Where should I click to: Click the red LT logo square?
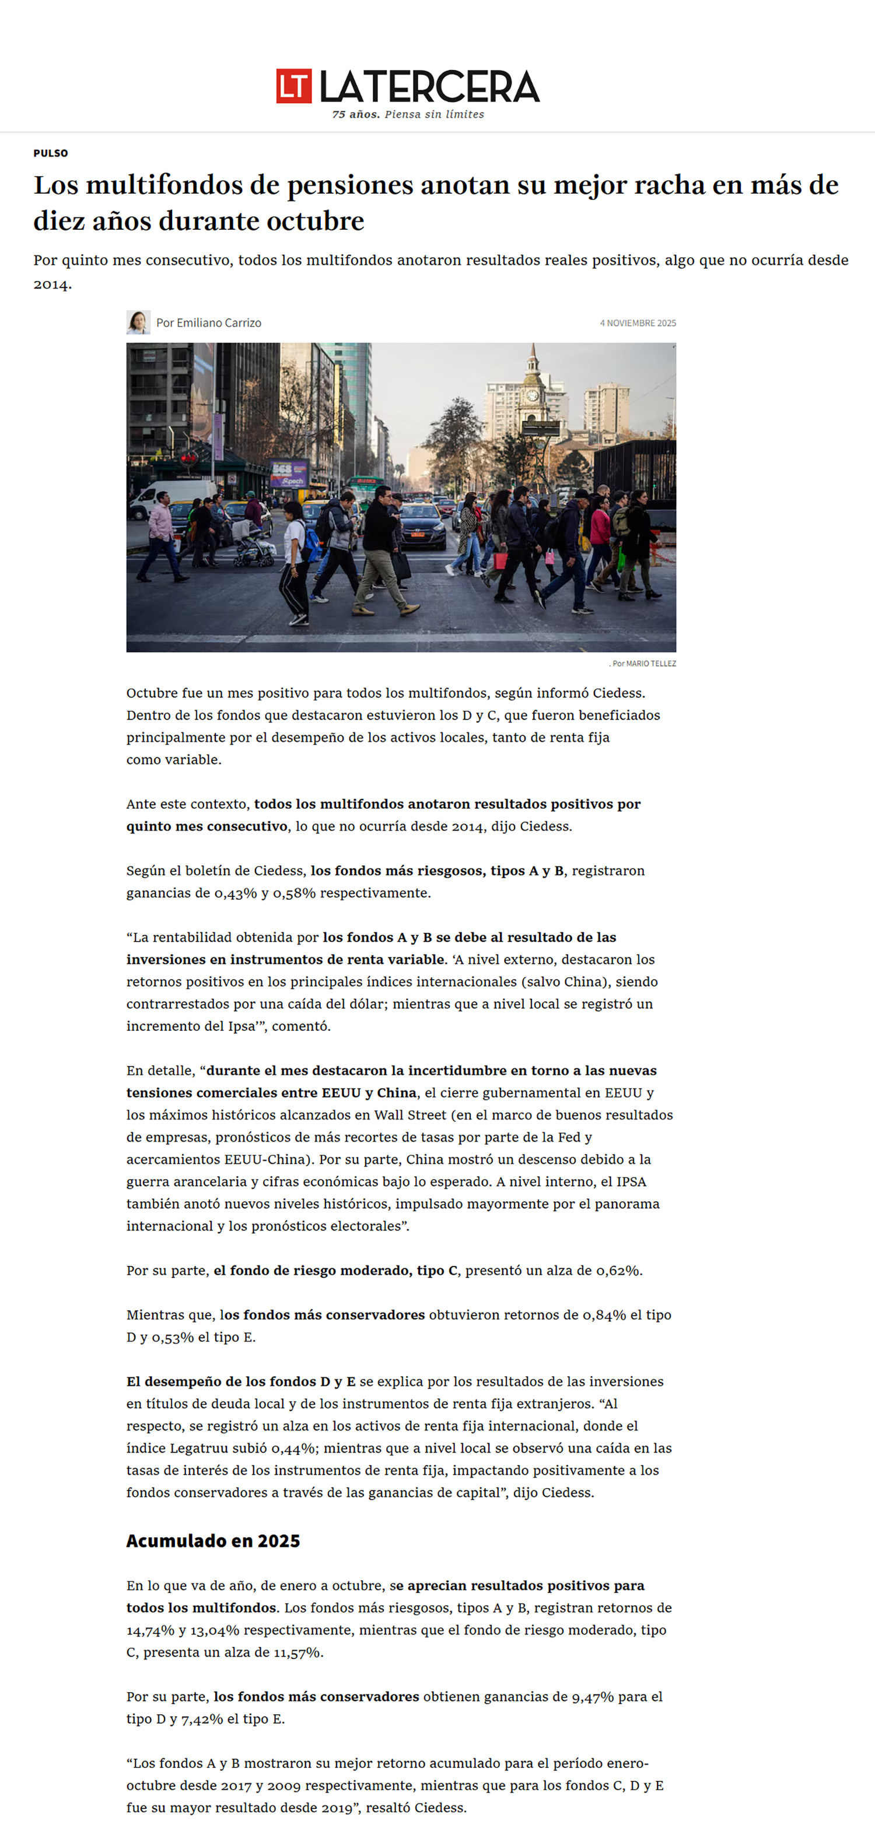coord(293,86)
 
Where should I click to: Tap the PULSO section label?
coord(51,153)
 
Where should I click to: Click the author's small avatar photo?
coord(138,322)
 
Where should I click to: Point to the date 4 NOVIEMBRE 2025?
coord(638,322)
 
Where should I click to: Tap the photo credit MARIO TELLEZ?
coord(650,663)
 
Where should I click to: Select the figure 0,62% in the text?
coord(618,1270)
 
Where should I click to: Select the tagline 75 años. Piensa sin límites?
coord(408,114)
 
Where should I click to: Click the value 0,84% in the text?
coord(604,1314)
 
